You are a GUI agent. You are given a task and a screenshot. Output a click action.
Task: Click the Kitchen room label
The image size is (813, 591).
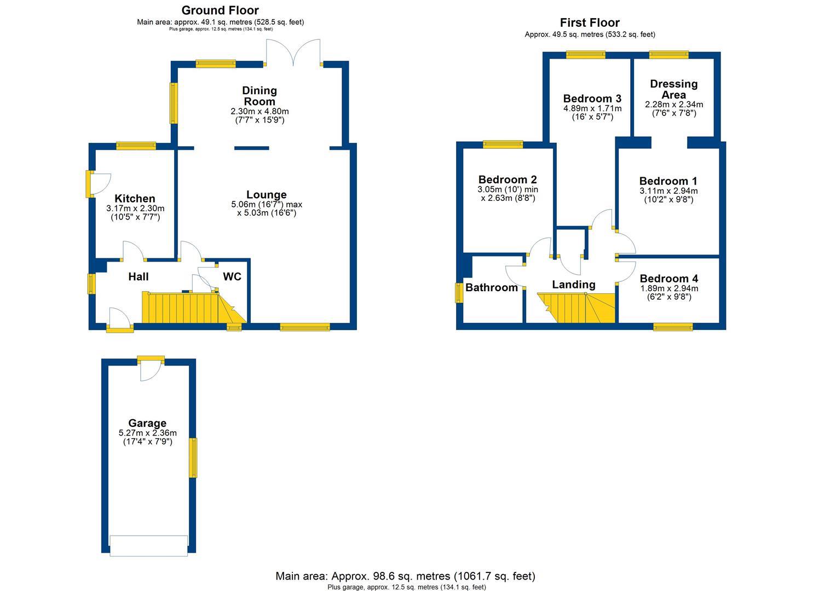135,199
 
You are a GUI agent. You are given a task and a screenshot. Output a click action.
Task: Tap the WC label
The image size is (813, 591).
232,277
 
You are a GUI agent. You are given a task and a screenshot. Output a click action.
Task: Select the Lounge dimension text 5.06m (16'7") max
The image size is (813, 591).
267,205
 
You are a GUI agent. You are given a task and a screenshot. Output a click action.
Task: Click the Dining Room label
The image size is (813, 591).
260,96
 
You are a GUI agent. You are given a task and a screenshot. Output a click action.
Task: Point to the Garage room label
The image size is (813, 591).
147,423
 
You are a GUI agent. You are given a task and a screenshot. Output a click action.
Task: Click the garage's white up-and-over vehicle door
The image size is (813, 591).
148,546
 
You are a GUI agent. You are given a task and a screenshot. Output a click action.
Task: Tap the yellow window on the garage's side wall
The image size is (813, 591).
193,457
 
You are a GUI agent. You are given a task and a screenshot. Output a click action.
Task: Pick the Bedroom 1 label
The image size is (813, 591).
668,181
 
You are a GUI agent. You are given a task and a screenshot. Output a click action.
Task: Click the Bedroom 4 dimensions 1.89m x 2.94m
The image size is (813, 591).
668,288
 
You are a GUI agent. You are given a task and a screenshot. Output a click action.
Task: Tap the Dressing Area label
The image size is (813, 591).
673,89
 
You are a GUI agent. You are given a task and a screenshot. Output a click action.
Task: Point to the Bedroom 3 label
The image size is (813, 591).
592,99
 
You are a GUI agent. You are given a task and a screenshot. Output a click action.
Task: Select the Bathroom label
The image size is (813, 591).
492,288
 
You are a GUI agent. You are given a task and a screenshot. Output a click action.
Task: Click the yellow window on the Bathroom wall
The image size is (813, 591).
459,292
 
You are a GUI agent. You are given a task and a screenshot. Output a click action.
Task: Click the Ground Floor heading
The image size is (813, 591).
220,10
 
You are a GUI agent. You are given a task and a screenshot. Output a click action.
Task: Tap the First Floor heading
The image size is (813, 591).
590,23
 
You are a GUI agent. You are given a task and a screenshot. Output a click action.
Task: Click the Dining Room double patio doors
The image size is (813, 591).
293,54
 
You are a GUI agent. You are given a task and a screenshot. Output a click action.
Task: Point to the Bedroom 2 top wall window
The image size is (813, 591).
503,144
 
